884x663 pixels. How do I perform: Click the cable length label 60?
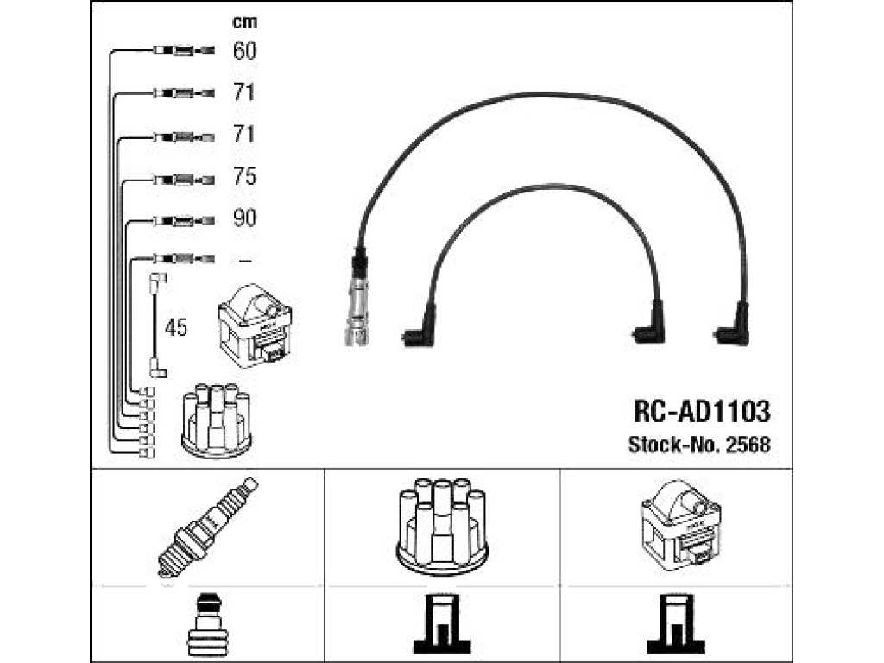(x=244, y=51)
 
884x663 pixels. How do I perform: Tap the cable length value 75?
(x=244, y=176)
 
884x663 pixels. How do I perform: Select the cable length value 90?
(x=244, y=218)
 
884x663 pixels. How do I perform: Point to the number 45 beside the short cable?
(x=176, y=327)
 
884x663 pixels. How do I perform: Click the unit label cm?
(x=244, y=22)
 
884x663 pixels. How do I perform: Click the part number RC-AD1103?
(x=702, y=412)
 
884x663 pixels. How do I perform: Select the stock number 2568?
(x=748, y=445)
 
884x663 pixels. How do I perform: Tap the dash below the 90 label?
(x=244, y=261)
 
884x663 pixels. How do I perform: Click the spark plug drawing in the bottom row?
(x=207, y=527)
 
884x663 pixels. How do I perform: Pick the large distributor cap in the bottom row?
(x=442, y=526)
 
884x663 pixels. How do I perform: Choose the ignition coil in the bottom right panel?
(x=680, y=525)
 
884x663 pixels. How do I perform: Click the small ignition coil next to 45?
(x=255, y=325)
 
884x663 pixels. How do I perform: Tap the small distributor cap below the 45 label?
(x=217, y=420)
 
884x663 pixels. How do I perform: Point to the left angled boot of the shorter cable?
(x=420, y=327)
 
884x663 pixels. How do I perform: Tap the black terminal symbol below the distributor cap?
(x=442, y=624)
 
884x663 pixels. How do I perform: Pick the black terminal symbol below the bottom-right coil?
(x=676, y=624)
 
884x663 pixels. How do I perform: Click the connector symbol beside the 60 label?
(x=184, y=51)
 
